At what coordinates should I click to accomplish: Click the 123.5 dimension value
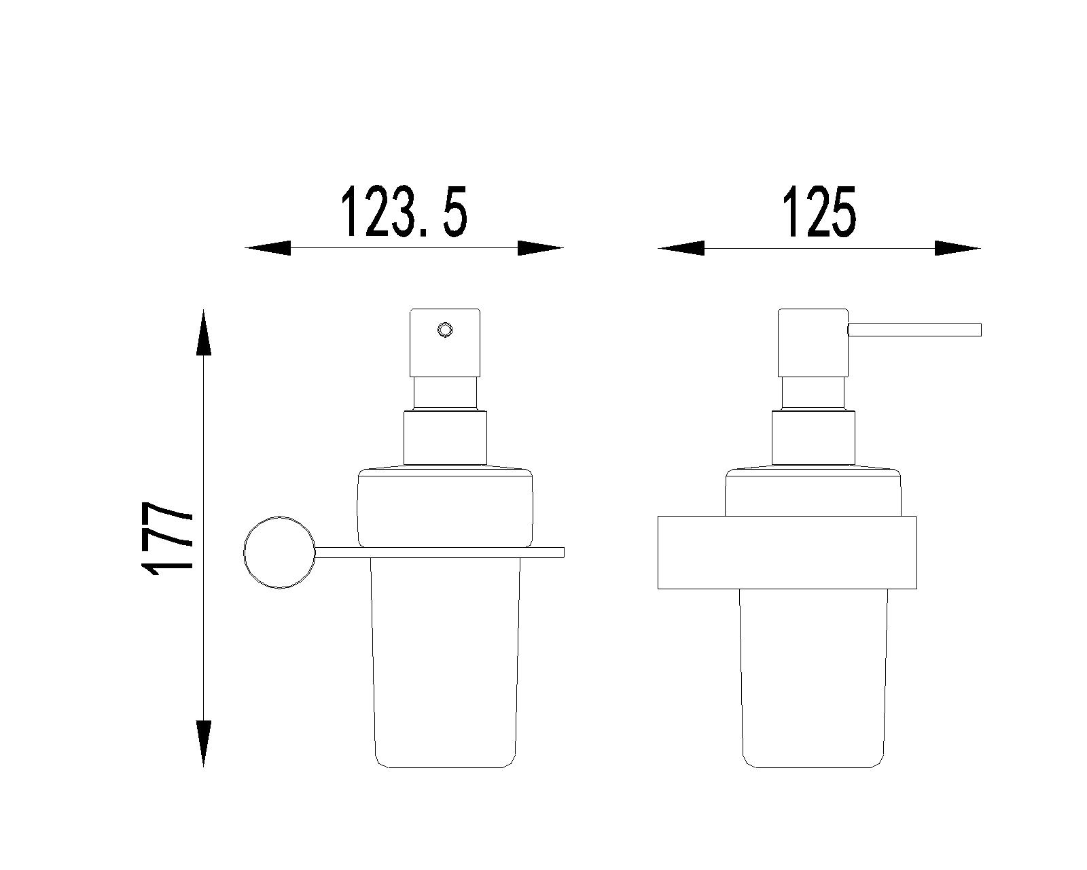(404, 211)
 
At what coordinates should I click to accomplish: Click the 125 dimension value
(819, 211)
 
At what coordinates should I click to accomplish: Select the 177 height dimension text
(167, 538)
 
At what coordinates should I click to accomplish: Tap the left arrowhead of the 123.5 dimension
(268, 247)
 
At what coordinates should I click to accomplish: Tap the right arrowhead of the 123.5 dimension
(541, 247)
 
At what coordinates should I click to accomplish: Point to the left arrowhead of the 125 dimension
(681, 248)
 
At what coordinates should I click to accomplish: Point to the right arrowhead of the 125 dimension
(958, 248)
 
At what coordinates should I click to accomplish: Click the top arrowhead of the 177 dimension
(204, 332)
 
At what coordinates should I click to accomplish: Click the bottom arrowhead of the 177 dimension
(204, 744)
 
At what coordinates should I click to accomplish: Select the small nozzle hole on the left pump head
(445, 330)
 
